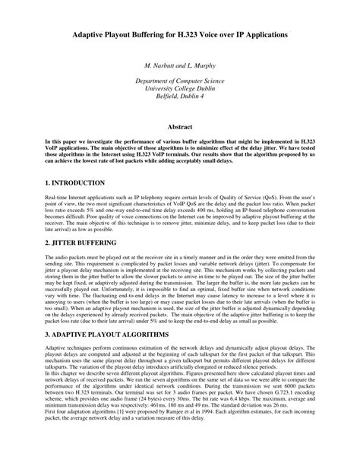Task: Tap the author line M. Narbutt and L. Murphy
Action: coord(179,67)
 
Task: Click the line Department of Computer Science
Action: coord(179,81)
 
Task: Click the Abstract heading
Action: coord(179,126)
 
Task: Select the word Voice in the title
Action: coord(225,36)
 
